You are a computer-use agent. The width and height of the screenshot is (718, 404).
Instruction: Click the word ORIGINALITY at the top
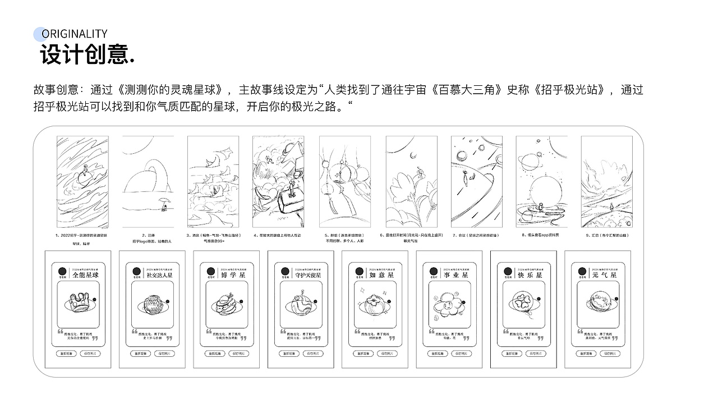(x=75, y=34)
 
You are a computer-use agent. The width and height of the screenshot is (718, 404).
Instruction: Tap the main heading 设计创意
(x=88, y=56)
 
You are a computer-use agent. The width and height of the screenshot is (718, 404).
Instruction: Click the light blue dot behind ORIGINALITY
(x=39, y=34)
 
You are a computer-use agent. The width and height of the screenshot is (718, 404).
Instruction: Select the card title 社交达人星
(x=159, y=275)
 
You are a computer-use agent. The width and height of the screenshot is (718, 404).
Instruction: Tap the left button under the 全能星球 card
(x=65, y=353)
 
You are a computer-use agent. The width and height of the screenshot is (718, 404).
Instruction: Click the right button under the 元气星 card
(x=610, y=353)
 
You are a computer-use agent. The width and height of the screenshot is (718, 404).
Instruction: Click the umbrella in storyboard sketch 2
(x=163, y=203)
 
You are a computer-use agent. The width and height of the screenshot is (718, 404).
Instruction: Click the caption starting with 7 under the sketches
(x=476, y=235)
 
